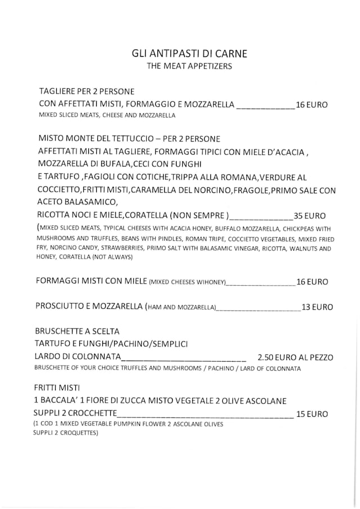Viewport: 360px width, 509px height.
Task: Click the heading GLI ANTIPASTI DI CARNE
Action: [x=189, y=54]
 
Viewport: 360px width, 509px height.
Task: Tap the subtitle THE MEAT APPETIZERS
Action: [x=189, y=66]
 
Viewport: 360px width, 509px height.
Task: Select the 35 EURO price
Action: [x=309, y=215]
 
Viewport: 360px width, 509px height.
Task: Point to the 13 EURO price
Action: [x=317, y=307]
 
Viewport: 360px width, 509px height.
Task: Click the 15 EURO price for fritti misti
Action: [x=312, y=414]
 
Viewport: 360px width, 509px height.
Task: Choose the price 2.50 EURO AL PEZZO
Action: [x=295, y=357]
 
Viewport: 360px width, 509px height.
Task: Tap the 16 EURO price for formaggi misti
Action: [x=312, y=282]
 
